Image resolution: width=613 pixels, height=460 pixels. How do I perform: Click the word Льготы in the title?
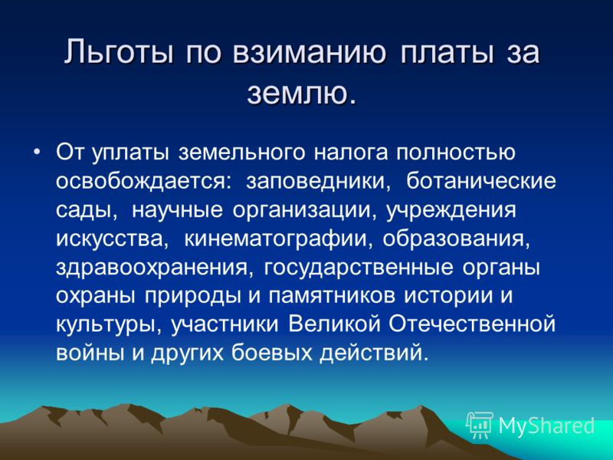click(119, 52)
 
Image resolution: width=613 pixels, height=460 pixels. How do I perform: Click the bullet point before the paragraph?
click(36, 151)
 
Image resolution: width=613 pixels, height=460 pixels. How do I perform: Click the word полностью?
click(456, 152)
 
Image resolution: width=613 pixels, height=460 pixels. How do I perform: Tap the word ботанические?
click(481, 181)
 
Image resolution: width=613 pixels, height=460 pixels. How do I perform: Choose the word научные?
click(177, 210)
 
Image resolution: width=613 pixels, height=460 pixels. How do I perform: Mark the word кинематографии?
click(277, 239)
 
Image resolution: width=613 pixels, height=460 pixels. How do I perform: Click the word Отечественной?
click(473, 324)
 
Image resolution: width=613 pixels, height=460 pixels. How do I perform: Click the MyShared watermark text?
click(547, 426)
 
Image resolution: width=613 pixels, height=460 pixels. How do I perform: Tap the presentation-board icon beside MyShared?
click(480, 425)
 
